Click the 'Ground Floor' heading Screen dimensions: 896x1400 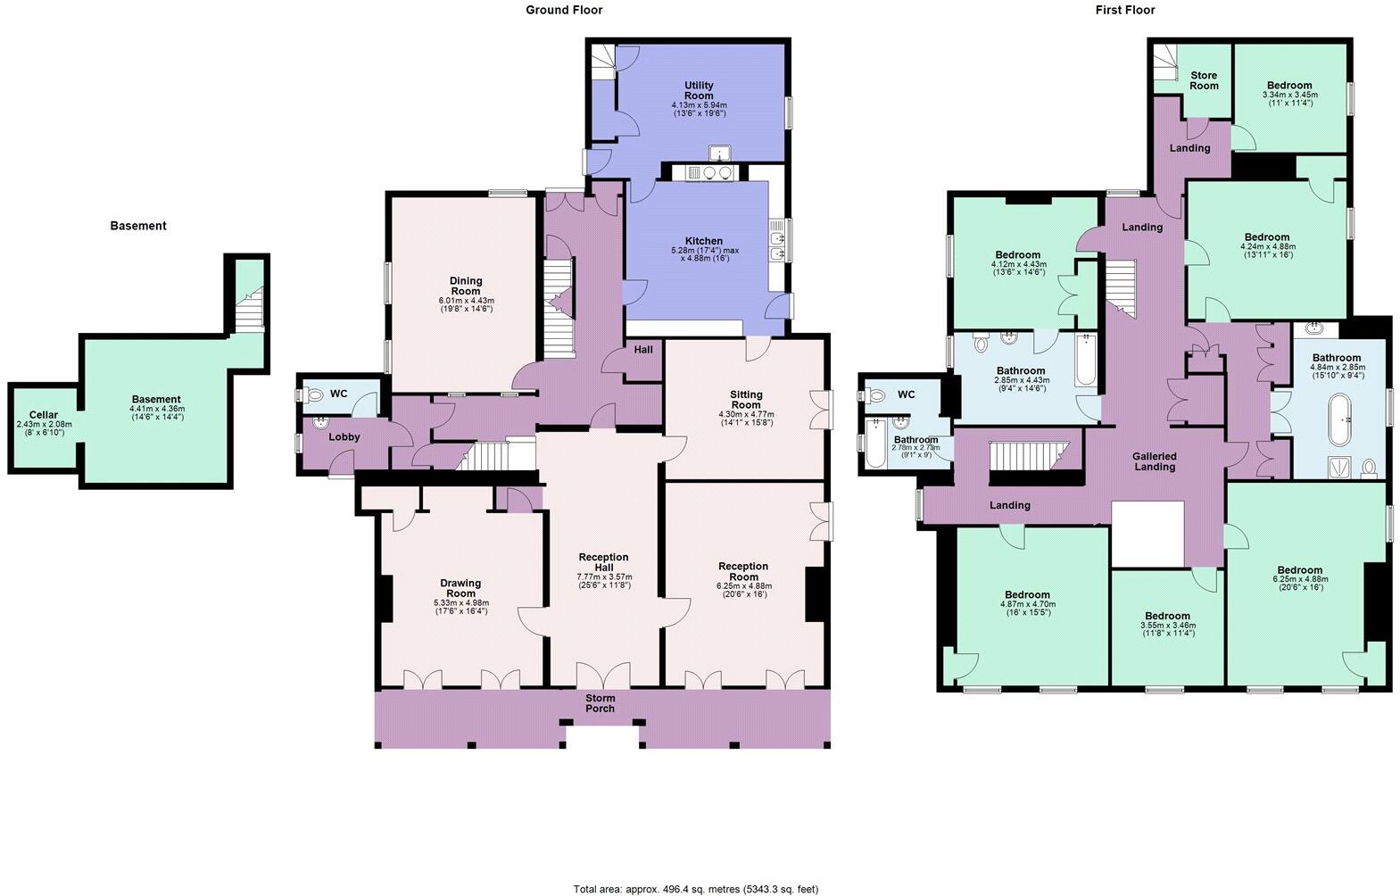coord(563,10)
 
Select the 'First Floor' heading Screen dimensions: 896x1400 coord(1124,10)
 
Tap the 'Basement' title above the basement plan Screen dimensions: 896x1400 coord(138,226)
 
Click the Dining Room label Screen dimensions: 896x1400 coord(465,286)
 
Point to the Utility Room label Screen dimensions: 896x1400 coord(698,90)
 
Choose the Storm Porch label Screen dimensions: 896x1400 coord(600,703)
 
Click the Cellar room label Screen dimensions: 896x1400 coord(44,415)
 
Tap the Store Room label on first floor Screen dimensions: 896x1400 coord(1203,80)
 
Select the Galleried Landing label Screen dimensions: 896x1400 coord(1155,460)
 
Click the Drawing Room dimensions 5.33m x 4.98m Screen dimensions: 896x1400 coord(460,603)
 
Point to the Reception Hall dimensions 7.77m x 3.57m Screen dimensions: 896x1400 coord(604,577)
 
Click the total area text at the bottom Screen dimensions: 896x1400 coord(695,889)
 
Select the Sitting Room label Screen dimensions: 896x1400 coord(746,399)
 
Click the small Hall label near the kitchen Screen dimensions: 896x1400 coord(642,350)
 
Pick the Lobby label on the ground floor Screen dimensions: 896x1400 coord(344,437)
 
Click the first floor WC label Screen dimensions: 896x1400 coord(906,394)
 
